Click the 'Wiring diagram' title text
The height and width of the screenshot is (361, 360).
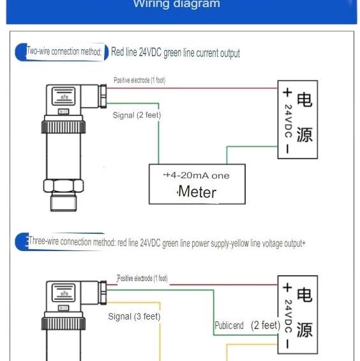(176, 4)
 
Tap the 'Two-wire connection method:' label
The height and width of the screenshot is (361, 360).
(64, 52)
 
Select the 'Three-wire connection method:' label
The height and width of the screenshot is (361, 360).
(71, 242)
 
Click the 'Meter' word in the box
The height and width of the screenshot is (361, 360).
(197, 192)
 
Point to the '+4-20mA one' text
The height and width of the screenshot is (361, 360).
(196, 175)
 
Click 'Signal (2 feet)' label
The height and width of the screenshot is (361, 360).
(137, 115)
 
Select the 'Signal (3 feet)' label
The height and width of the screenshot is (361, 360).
(134, 316)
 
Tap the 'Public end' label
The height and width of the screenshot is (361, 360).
(229, 326)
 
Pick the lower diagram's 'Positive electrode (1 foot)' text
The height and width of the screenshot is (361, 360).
(142, 279)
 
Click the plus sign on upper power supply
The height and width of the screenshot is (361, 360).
(288, 92)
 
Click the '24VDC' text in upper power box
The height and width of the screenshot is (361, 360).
(288, 121)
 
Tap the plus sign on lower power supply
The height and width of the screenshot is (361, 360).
(288, 288)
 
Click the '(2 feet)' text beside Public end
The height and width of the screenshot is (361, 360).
(266, 325)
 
